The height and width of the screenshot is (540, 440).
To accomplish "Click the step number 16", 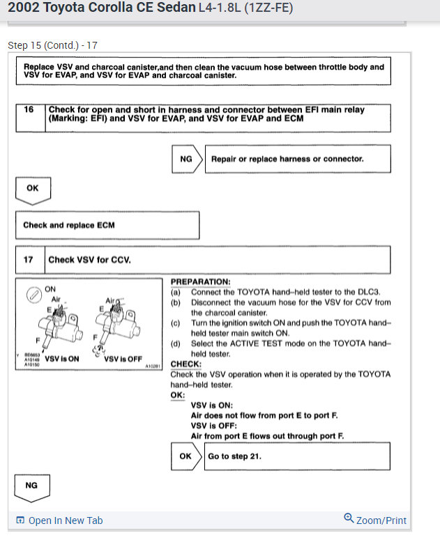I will pos(29,110).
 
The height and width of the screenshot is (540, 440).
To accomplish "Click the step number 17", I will pos(29,260).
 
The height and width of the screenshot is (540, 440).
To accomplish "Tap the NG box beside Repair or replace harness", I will pos(186,159).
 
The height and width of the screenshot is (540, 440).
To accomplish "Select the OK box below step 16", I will pos(33,188).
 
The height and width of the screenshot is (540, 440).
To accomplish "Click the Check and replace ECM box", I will pos(69,225).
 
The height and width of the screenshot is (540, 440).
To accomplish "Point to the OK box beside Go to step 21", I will pos(185,456).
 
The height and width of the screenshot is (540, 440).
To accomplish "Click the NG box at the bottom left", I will pos(32,485).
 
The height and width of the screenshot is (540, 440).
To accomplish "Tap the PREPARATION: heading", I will pos(200,282).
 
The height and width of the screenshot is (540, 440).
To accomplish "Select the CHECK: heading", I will pos(186,364).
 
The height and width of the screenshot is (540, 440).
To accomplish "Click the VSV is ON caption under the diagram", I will pos(62,359).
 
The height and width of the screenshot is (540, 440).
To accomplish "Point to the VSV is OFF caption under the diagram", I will pos(123,359).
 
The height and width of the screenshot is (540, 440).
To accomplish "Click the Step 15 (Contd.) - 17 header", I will pos(52,45).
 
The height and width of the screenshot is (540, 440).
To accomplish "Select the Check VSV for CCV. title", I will pos(89,260).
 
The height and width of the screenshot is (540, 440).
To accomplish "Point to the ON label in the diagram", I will pos(50,288).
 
